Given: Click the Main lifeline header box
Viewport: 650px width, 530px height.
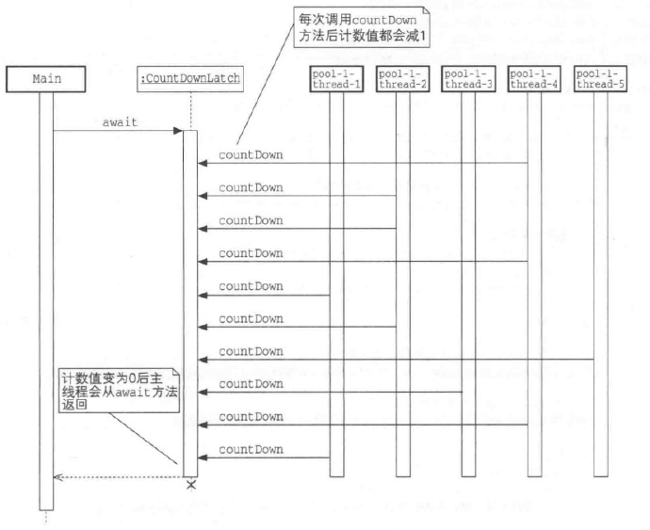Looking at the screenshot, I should (x=47, y=78).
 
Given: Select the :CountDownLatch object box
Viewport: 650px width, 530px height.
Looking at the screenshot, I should (x=190, y=78).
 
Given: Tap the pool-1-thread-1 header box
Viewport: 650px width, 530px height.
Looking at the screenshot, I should (x=336, y=78).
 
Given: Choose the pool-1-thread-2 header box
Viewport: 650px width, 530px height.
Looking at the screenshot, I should (x=402, y=78).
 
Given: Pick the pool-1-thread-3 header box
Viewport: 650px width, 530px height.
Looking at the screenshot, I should (x=468, y=78).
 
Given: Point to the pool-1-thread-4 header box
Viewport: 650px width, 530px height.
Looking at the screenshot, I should (x=534, y=78).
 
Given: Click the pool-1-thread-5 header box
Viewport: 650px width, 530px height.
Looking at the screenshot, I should (x=600, y=78).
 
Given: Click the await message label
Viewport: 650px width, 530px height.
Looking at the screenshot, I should (x=119, y=122).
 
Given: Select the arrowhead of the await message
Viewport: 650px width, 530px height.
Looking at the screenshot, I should (x=178, y=132).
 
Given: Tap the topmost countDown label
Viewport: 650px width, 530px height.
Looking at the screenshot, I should (x=251, y=154).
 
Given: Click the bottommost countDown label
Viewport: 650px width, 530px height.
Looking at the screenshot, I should (x=251, y=449).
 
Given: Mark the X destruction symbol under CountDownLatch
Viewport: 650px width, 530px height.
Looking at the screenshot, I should (x=190, y=485).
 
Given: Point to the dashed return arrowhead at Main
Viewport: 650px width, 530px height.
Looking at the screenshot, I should (x=57, y=477).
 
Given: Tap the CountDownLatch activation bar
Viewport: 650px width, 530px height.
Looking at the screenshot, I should (x=189, y=301).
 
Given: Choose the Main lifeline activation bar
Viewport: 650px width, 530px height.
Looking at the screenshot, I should (x=47, y=301).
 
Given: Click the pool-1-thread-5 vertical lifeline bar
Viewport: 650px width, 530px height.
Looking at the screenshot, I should (x=600, y=282).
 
